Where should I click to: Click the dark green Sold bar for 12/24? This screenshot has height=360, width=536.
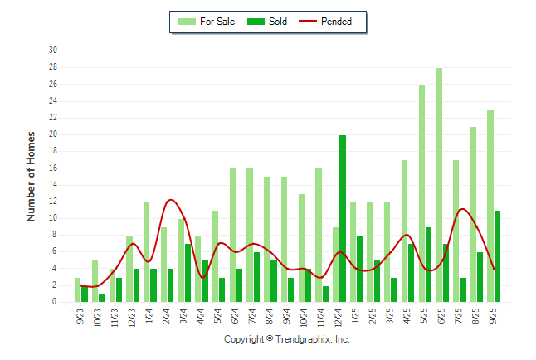343,219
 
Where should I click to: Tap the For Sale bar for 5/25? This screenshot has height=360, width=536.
421,193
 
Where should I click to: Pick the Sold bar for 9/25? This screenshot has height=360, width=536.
497,256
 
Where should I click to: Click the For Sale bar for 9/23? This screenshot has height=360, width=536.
77,290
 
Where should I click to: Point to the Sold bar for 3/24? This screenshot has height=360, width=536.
188,273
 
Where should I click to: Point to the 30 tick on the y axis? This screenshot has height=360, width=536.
52,50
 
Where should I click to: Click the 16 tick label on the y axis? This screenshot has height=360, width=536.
52,168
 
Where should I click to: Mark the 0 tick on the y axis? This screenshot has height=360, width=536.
55,303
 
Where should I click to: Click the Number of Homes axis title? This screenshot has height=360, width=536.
31,176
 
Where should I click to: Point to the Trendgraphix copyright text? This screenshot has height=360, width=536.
287,339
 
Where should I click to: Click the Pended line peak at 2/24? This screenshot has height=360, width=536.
170,200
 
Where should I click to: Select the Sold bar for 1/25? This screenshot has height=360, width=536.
359,269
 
